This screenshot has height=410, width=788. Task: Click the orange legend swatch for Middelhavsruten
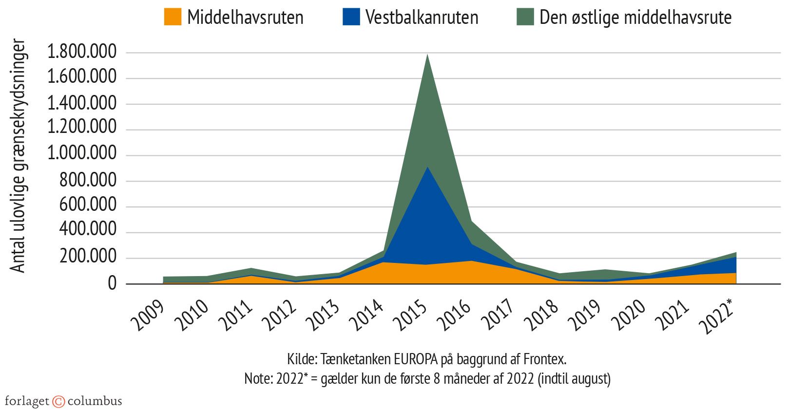click(x=173, y=17)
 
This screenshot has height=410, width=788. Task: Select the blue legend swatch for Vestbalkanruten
click(x=351, y=17)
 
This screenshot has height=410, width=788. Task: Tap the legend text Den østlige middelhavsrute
click(x=635, y=18)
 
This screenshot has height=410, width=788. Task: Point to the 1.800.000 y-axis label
click(x=82, y=52)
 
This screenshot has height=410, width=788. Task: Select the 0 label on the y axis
click(x=112, y=283)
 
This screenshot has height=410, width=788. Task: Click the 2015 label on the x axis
click(x=411, y=315)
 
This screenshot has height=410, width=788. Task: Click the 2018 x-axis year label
click(x=542, y=315)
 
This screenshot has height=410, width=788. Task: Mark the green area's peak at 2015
click(x=427, y=55)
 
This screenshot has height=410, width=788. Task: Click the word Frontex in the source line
click(x=544, y=359)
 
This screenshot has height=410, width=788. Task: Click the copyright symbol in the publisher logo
click(x=58, y=401)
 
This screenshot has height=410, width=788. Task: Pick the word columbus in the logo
click(x=95, y=401)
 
